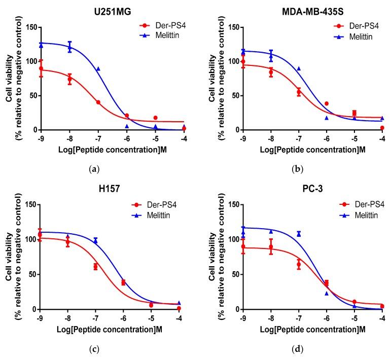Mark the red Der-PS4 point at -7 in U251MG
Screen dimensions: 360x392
(98, 102)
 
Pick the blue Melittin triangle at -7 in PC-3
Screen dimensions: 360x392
(299, 234)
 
